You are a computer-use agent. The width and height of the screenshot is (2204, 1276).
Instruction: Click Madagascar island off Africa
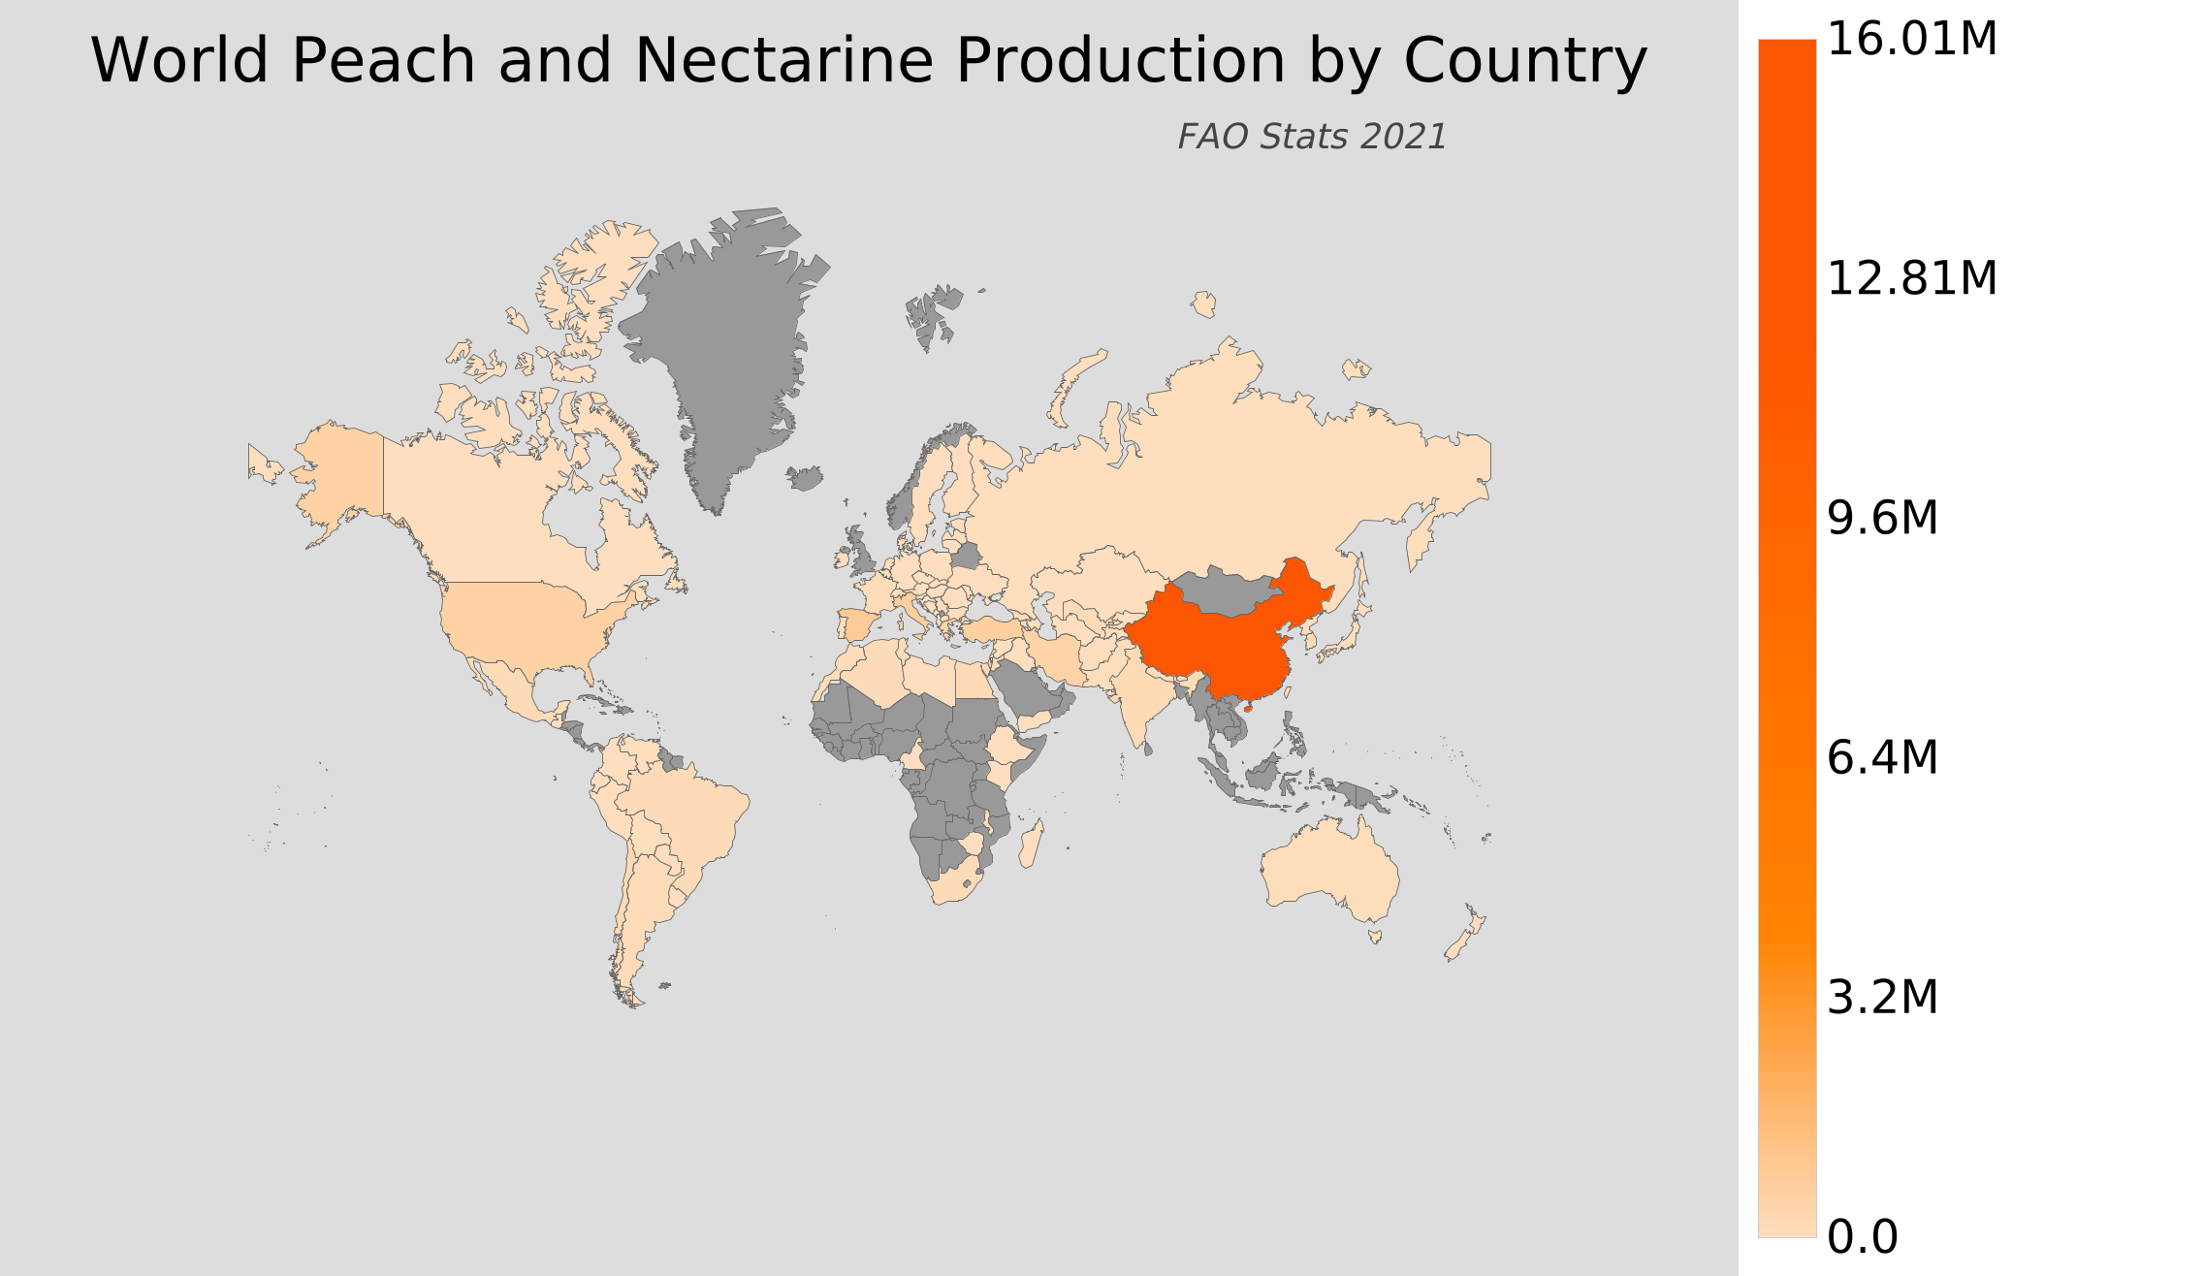pos(1032,845)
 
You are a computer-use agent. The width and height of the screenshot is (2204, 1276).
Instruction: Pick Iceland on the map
pos(805,478)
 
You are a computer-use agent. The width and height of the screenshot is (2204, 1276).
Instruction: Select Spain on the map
pos(857,623)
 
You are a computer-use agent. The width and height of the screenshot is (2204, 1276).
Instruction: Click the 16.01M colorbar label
pos(1911,40)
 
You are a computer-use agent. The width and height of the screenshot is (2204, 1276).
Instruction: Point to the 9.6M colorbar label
pos(1882,519)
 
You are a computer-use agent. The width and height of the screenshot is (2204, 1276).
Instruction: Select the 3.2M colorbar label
pos(1882,997)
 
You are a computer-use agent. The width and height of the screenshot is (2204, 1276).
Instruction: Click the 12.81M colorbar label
pos(1911,279)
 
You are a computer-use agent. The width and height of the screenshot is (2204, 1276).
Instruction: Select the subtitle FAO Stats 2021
pos(1312,137)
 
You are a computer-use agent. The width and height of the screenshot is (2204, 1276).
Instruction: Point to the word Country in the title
pos(1524,61)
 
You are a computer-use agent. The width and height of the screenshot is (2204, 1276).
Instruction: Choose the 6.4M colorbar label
pos(1882,757)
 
